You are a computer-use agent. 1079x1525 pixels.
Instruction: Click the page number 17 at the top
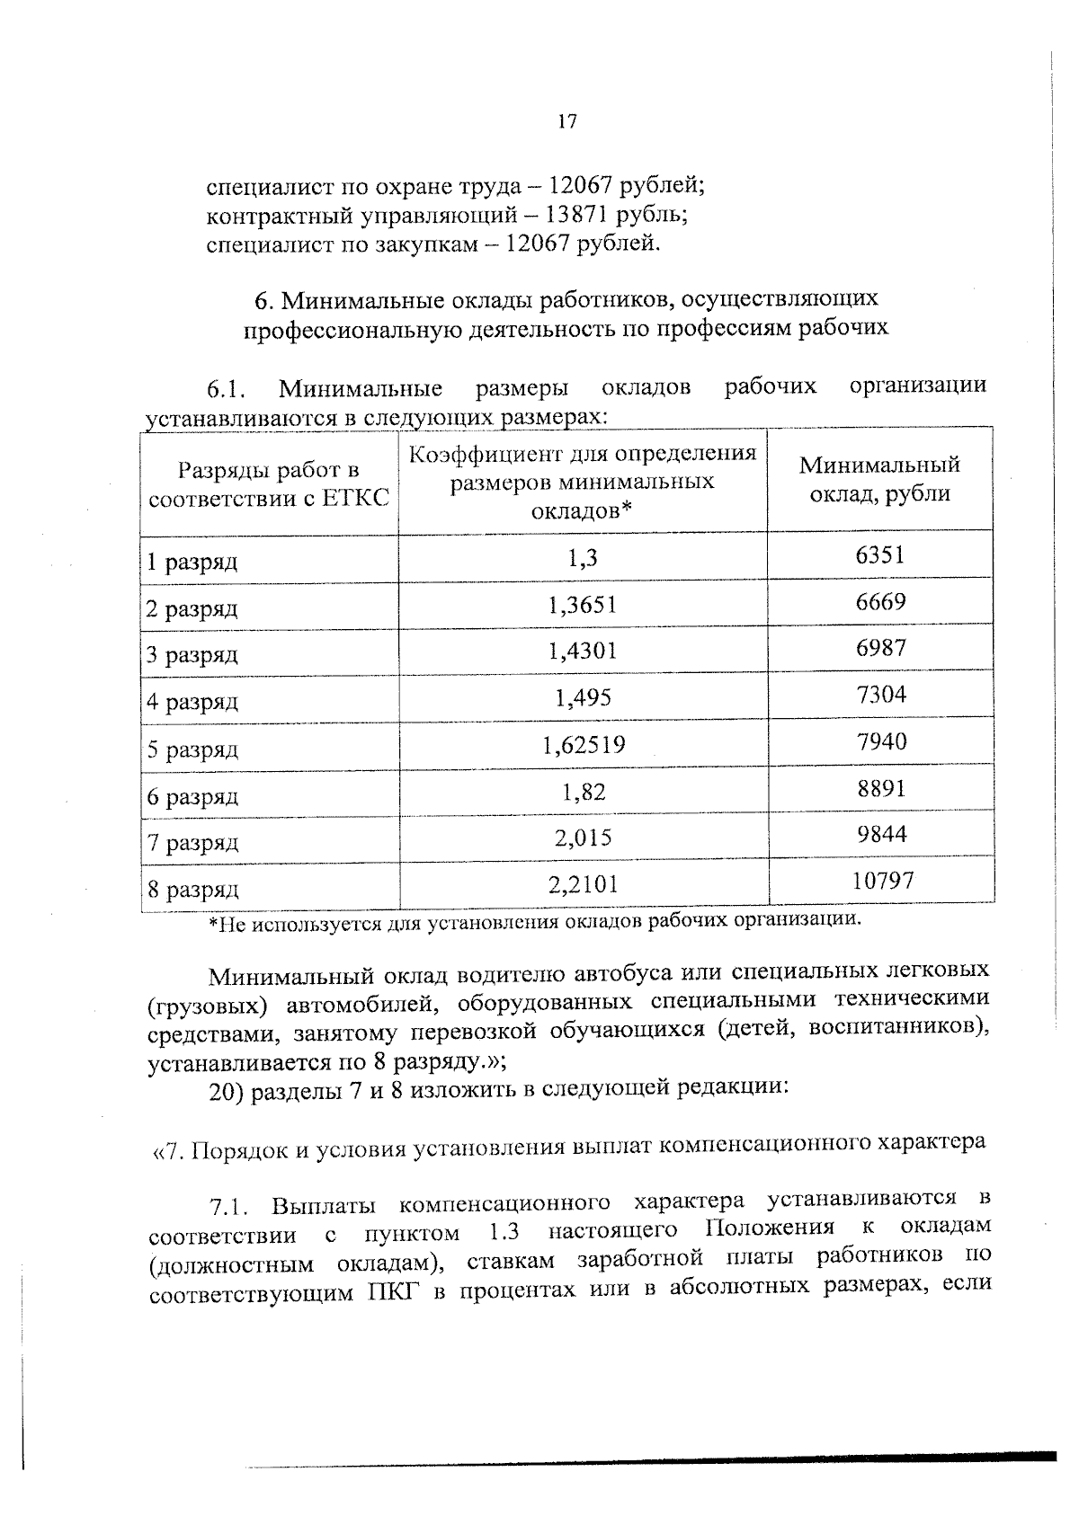tap(566, 122)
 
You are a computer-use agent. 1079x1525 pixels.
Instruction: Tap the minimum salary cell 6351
tap(879, 555)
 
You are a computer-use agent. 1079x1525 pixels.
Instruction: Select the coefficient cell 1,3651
tap(583, 604)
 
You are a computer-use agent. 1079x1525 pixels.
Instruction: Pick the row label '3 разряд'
tap(192, 655)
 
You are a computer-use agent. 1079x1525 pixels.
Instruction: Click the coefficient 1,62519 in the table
tap(584, 744)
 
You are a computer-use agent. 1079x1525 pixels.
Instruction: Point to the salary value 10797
tap(882, 881)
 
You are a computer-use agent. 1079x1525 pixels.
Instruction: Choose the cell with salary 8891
tap(881, 788)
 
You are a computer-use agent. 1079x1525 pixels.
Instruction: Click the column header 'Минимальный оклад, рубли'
tap(879, 479)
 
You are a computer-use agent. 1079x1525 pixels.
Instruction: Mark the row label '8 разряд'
tap(193, 890)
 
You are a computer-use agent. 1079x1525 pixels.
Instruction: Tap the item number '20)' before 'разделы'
tap(226, 1090)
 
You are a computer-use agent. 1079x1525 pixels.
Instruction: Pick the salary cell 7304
tap(881, 695)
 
